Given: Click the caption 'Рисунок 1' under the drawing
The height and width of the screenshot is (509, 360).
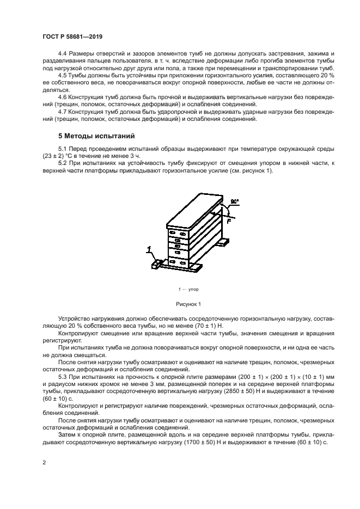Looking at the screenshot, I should [x=188, y=303].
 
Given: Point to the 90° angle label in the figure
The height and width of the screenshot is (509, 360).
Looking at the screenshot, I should [x=234, y=202].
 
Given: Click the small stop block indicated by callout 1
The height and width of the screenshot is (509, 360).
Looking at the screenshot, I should [x=157, y=264].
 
